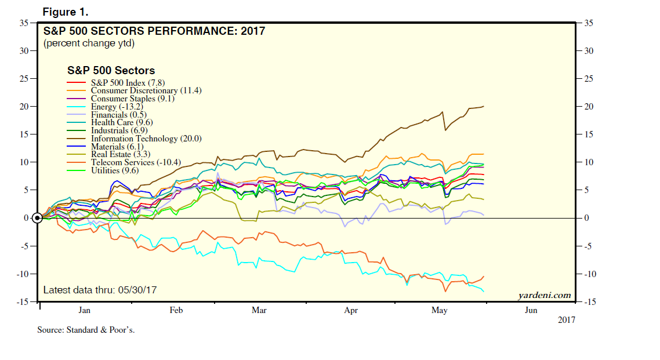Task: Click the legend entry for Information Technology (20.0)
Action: coord(146,139)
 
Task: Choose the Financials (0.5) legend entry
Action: coord(119,115)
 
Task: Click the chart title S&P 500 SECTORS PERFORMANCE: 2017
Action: coord(154,31)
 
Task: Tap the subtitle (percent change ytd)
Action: coord(89,43)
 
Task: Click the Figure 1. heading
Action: coord(66,12)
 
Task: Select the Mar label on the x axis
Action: coord(259,311)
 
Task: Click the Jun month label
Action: coord(531,311)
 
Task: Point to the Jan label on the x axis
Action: coord(85,311)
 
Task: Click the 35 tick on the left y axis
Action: coord(24,23)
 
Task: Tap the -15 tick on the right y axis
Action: coord(588,302)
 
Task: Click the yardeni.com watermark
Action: coord(544,296)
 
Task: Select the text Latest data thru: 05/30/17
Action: coord(100,289)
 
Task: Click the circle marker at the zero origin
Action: coord(37,218)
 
